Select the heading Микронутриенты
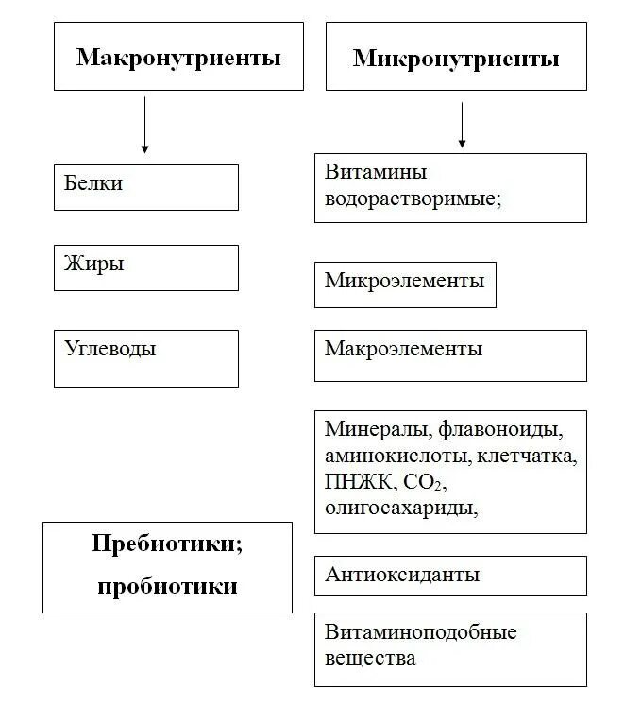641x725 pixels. [456, 59]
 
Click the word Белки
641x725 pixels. [93, 182]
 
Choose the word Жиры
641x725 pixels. [94, 264]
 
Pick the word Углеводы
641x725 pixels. [110, 348]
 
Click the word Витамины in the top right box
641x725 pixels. [376, 172]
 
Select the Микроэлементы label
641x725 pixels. [404, 281]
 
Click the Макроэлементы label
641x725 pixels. [403, 349]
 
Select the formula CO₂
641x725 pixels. [422, 483]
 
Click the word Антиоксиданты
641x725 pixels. [402, 575]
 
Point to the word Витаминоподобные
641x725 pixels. [420, 631]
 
